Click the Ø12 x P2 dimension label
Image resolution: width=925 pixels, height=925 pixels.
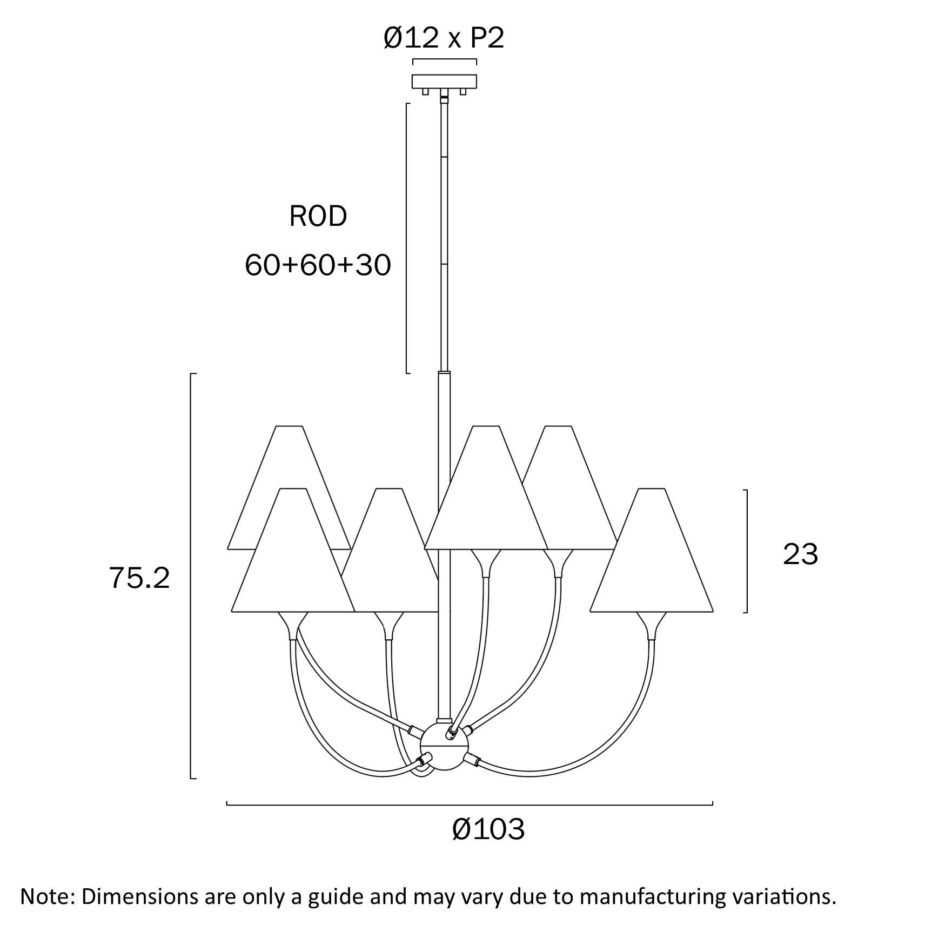[444, 38]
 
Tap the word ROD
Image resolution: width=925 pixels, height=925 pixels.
[318, 216]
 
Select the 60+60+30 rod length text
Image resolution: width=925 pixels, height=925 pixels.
[318, 265]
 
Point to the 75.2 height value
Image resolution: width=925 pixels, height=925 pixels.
[139, 578]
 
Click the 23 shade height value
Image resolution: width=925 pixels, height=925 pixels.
[800, 554]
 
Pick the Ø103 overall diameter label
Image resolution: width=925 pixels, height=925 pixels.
[488, 829]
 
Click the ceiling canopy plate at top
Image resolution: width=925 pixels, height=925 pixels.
[444, 81]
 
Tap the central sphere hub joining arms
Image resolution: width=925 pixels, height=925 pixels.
[444, 747]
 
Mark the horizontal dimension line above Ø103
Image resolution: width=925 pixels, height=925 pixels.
[469, 805]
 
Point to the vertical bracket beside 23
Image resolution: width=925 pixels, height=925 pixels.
[747, 551]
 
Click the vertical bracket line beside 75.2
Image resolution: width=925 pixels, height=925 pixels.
[191, 575]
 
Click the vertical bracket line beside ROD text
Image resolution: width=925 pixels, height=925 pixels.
[407, 238]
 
